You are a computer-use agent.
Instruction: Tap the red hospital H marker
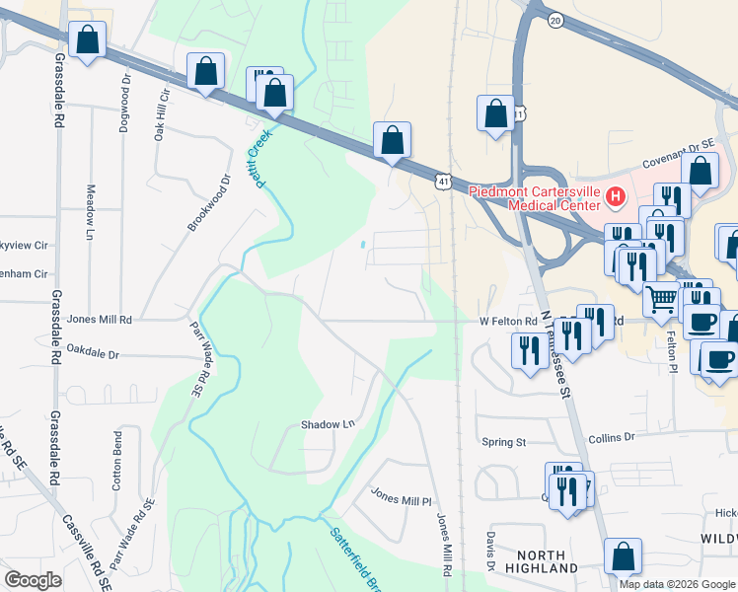pos(616,197)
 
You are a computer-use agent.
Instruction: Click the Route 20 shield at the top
pos(555,20)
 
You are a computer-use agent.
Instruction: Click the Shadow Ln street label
pos(328,424)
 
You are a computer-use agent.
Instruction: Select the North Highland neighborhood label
pos(541,561)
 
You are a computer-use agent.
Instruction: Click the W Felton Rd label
pos(508,321)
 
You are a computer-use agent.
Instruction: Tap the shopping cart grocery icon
pos(662,297)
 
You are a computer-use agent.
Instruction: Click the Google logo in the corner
pos(33,580)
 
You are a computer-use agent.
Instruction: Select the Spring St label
pos(503,441)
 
